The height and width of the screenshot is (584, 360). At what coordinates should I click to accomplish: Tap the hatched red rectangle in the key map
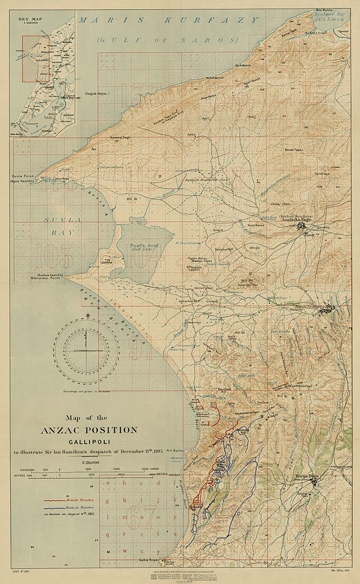(x=32, y=57)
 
